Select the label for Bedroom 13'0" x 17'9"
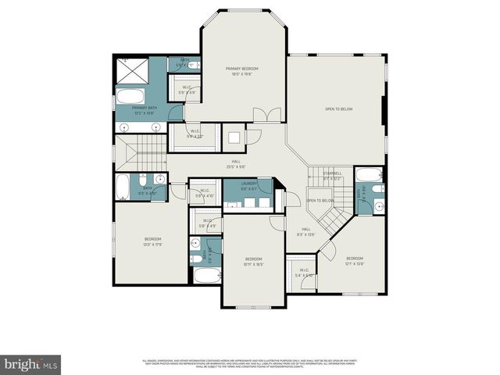152,241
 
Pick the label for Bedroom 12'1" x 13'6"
355,261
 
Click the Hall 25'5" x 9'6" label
235,163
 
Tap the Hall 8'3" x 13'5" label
306,232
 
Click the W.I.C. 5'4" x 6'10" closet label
304,273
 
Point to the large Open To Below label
339,109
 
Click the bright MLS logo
31,363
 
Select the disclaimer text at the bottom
250,362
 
